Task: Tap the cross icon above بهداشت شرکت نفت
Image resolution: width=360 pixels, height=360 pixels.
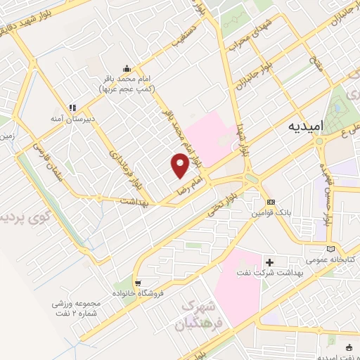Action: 270,262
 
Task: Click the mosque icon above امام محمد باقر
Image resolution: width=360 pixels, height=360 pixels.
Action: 127,68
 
